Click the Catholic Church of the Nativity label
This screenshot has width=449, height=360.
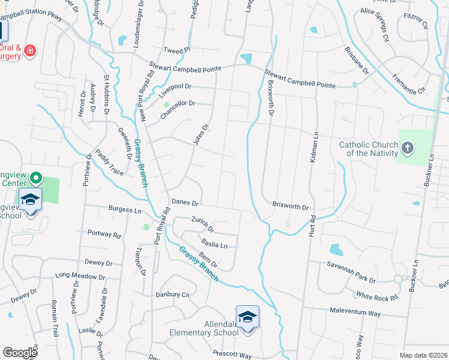368,149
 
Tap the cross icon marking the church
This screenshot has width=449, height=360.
408,147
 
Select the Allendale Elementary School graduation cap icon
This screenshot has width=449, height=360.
247,317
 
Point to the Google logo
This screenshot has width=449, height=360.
20,353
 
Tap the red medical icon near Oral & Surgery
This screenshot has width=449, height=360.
29,52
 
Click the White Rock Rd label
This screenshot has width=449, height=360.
377,296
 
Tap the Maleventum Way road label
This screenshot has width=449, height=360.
355,313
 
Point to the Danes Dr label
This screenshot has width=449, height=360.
185,202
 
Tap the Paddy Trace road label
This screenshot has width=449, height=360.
109,163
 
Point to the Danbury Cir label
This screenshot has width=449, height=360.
172,295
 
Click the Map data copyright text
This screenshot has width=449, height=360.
423,355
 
